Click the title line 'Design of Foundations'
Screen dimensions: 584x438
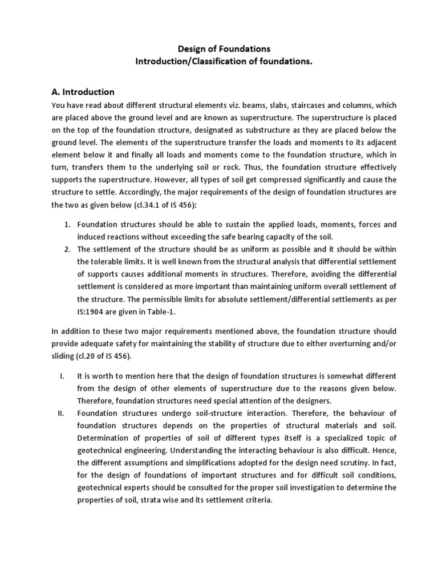coord(219,50)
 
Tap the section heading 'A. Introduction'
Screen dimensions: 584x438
coord(83,92)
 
